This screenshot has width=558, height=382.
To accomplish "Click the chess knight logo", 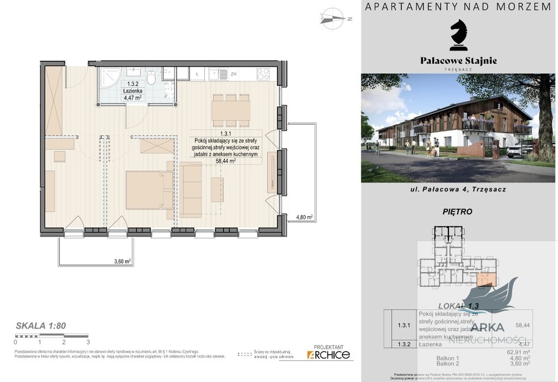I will coord(458,35).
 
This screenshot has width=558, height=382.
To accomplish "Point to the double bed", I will coord(148,190).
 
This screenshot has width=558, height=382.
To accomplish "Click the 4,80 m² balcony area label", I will coord(304,217).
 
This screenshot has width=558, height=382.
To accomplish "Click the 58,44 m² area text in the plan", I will coord(226,161).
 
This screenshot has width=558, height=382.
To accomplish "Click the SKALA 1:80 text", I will coord(41,326).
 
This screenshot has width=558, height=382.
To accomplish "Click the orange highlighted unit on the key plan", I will coord(486,279).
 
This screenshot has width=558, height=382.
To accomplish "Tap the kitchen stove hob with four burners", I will coord(263,73).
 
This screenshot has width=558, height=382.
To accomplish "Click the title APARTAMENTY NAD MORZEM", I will coord(458,7).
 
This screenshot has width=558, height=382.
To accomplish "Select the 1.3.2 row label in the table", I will coord(404,344).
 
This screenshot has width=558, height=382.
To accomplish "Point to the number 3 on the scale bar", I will coord(88,342).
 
